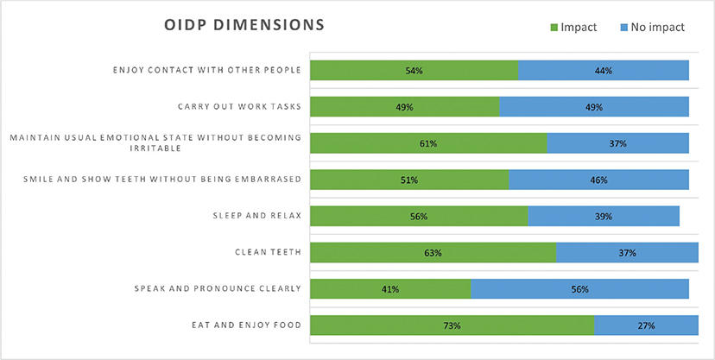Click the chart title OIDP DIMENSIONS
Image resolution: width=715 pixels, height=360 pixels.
tap(244, 25)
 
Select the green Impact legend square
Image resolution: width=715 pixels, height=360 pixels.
tap(554, 28)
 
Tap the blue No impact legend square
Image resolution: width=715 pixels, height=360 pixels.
tap(624, 28)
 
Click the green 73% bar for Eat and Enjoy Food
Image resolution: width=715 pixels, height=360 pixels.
tap(452, 325)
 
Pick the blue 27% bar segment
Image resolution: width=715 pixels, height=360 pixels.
tap(646, 325)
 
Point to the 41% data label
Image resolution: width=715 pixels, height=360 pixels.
tap(390, 289)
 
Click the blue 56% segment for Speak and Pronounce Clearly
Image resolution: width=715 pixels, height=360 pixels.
tap(579, 289)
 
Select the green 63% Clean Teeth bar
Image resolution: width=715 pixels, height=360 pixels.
tap(433, 252)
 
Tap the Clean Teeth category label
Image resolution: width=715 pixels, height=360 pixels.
tap(268, 252)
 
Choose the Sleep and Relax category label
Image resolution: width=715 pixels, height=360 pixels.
tap(257, 216)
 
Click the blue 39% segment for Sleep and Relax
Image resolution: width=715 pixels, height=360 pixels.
tap(604, 216)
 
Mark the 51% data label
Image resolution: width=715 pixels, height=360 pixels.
tap(409, 180)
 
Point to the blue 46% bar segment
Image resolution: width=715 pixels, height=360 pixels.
tap(598, 180)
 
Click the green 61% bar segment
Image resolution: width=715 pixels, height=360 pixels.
tap(428, 143)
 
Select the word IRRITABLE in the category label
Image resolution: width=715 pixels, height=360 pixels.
tap(155, 148)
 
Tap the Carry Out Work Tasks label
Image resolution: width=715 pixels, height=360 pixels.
tap(239, 107)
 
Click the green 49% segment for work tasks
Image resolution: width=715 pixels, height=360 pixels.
tap(404, 107)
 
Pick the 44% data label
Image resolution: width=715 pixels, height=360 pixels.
tap(604, 71)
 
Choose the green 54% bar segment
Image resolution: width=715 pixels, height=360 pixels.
tap(414, 70)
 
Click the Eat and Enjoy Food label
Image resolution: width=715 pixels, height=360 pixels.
tap(246, 325)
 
